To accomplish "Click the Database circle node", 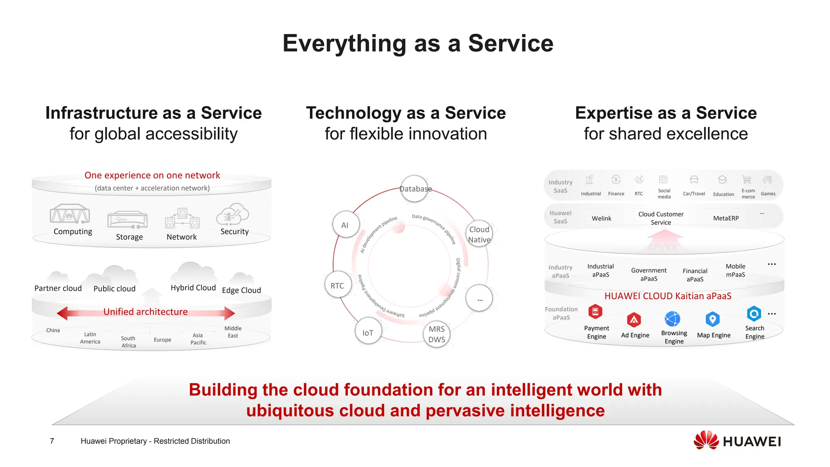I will (414, 189).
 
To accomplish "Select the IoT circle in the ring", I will (368, 332).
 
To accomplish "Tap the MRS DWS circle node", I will (436, 334).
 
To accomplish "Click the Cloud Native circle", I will (479, 234).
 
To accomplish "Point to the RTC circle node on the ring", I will (338, 285).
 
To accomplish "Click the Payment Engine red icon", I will (595, 312).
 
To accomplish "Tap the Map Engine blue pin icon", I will (712, 319).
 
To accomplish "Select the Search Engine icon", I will (754, 313).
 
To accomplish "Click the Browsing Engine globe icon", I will (672, 319).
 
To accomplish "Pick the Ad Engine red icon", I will (634, 320).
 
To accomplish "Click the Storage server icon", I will (128, 220).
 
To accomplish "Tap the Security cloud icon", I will (233, 214).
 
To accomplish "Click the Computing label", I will (73, 231).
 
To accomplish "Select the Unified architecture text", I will (145, 312).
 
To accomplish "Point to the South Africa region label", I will (128, 342).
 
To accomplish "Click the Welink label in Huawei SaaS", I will (601, 219).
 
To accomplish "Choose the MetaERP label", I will (725, 218).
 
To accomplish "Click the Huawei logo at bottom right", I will (737, 441).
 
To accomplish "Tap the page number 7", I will (52, 441).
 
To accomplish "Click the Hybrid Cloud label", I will (193, 288).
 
